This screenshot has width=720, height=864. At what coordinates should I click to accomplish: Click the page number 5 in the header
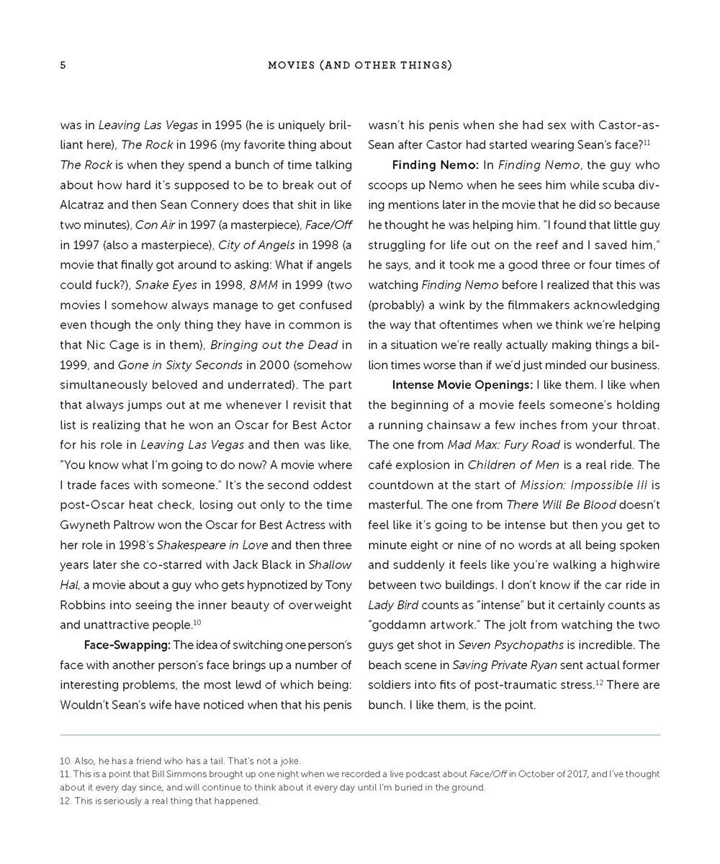(63, 66)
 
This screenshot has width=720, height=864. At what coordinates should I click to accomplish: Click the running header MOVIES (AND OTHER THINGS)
(359, 66)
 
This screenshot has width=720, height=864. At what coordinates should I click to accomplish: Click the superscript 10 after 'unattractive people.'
(197, 622)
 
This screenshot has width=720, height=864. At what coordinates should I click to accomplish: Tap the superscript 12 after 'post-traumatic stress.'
(599, 682)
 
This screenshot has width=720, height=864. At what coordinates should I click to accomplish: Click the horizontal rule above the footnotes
(360, 735)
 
